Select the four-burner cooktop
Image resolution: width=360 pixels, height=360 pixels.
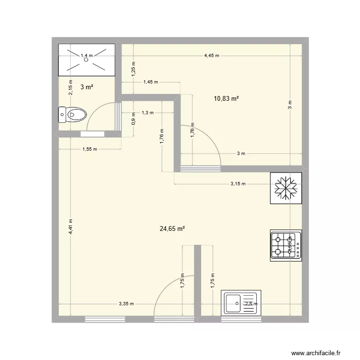[x=286, y=245]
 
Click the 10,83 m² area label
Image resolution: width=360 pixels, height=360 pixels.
[x=227, y=98]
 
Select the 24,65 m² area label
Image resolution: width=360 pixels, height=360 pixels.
[x=172, y=229]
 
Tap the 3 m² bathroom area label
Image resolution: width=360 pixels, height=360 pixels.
[x=86, y=87]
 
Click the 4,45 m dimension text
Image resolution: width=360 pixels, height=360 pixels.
[x=212, y=56]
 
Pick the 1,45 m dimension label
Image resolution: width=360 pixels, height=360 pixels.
[x=150, y=82]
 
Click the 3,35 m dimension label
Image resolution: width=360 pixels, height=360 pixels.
[x=126, y=304]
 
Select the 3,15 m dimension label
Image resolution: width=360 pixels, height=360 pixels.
[x=238, y=183]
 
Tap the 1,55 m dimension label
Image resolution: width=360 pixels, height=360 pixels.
[x=90, y=149]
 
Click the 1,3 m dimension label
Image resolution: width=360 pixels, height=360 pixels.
[x=147, y=113]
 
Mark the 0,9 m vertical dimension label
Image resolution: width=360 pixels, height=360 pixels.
[x=134, y=119]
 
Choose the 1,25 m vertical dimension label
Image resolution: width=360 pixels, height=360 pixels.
[x=134, y=69]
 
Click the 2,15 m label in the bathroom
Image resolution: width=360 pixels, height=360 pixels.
[x=70, y=87]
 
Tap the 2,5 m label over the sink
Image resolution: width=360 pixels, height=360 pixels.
[x=251, y=304]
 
